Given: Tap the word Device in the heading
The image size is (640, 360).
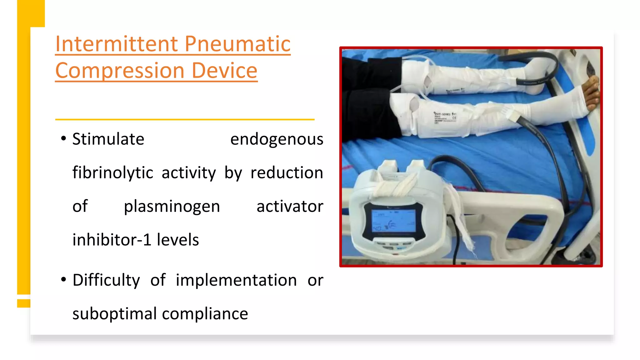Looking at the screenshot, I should click(x=224, y=71).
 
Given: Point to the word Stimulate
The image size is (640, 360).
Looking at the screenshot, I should click(x=108, y=139).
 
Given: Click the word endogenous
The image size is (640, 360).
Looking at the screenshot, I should click(x=277, y=139).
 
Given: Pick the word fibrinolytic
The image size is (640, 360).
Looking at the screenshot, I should click(x=113, y=173).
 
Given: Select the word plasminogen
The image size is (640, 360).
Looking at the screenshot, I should click(x=172, y=207).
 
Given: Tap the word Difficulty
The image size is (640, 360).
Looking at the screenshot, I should click(x=106, y=280).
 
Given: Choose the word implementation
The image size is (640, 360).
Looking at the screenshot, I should click(x=236, y=280).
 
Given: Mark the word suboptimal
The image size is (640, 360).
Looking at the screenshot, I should click(x=114, y=314).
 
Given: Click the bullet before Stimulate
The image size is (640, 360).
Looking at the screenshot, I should click(x=64, y=138).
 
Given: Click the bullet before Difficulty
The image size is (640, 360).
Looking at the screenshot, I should click(x=64, y=279).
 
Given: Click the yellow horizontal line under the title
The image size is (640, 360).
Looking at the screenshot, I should click(x=185, y=119).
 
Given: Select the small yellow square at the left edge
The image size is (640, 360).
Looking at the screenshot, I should click(x=24, y=303).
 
